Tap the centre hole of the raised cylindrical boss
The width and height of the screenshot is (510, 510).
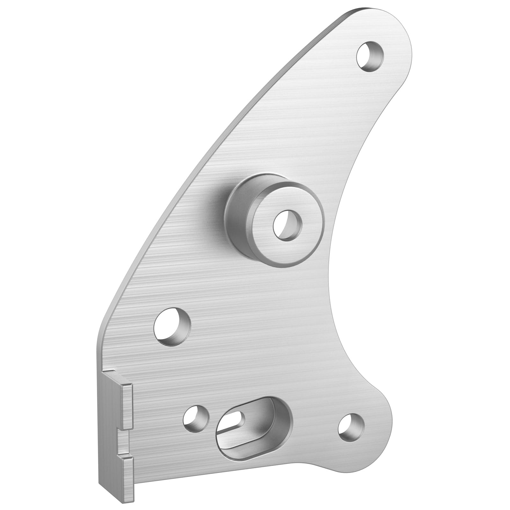click(288, 225)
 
